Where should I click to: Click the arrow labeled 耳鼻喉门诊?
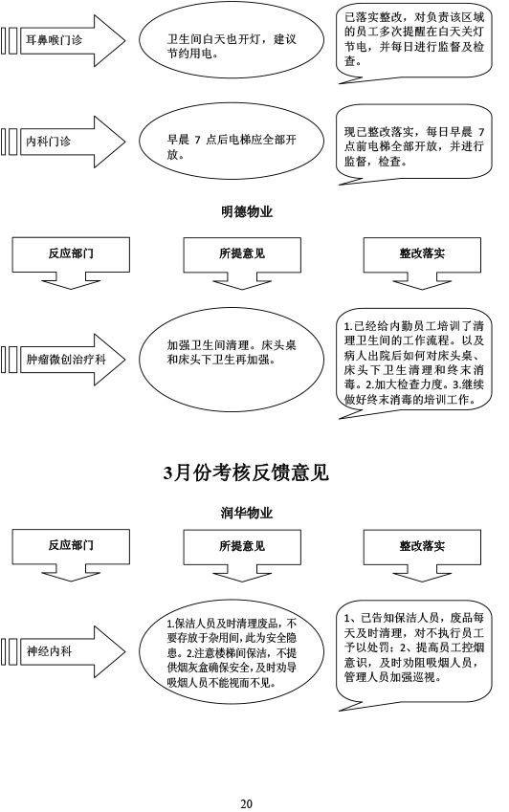(63, 40)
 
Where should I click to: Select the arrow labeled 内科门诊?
(63, 142)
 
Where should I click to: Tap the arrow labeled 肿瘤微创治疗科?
(63, 360)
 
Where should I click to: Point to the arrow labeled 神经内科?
(63, 651)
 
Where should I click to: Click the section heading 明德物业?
(247, 211)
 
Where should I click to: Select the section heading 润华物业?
(247, 513)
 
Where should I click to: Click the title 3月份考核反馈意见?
(247, 472)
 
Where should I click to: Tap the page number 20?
(247, 803)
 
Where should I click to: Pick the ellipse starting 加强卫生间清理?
(232, 360)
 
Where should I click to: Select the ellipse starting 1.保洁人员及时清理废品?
(232, 651)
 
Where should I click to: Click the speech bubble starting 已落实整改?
(414, 42)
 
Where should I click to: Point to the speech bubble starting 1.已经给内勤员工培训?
(414, 362)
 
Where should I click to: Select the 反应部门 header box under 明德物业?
(71, 263)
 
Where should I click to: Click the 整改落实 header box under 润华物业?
(422, 555)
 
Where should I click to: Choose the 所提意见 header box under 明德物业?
(242, 263)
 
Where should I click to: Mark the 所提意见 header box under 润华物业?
(242, 555)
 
